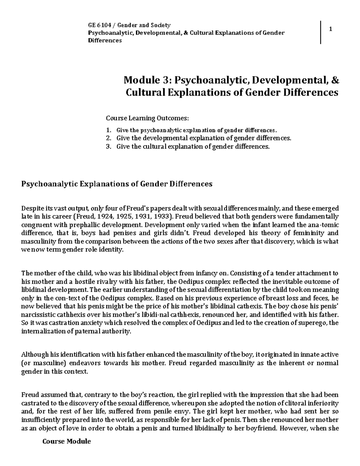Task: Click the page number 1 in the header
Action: pos(330,29)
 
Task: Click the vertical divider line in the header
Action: pos(321,32)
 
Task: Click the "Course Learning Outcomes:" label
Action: pos(148,118)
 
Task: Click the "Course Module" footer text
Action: pos(67,441)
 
